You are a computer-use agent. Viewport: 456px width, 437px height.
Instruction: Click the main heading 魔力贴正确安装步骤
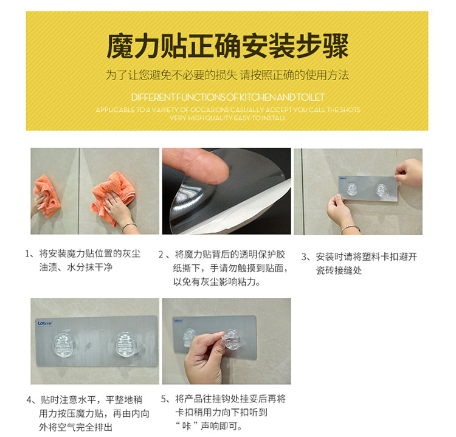[227, 46]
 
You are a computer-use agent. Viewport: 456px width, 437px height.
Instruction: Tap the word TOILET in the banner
[310, 97]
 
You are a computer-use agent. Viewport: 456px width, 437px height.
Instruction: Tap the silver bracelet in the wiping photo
[129, 226]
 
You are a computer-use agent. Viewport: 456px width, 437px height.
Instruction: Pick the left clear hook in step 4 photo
[64, 345]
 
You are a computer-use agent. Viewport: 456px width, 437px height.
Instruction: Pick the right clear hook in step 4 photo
[127, 345]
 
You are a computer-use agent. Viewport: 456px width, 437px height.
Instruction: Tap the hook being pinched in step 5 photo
[231, 339]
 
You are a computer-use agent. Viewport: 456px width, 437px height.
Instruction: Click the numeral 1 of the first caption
[27, 254]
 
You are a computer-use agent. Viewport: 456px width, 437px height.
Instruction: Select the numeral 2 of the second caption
[161, 255]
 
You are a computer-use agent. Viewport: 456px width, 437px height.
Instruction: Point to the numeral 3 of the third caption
[304, 257]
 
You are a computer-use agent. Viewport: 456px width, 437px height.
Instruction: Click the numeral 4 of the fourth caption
[29, 400]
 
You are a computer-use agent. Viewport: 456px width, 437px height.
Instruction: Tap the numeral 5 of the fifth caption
[164, 399]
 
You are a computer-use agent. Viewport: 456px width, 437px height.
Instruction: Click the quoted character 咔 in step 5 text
[187, 426]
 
